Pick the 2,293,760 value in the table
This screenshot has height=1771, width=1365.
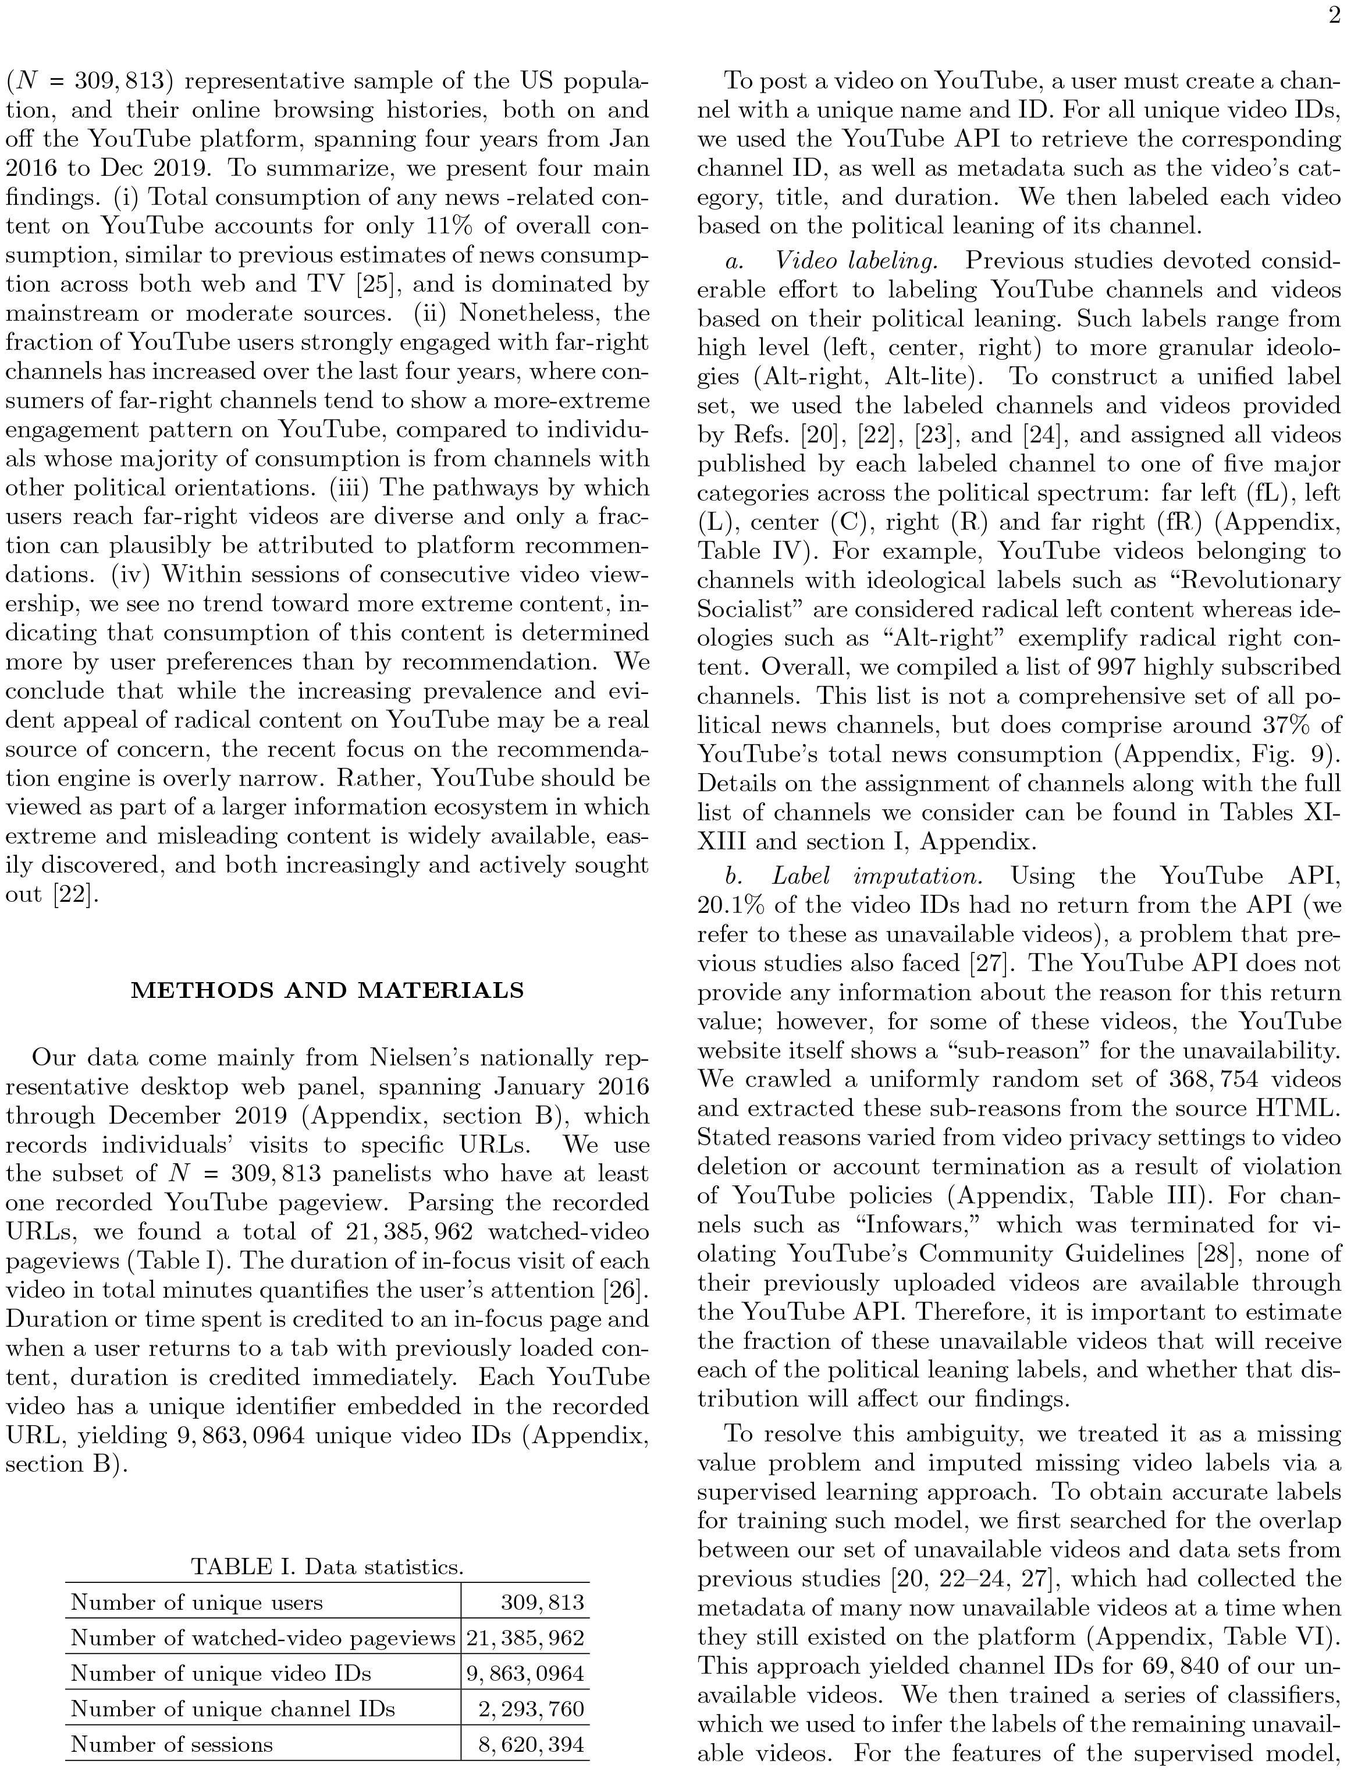pyautogui.click(x=531, y=1709)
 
